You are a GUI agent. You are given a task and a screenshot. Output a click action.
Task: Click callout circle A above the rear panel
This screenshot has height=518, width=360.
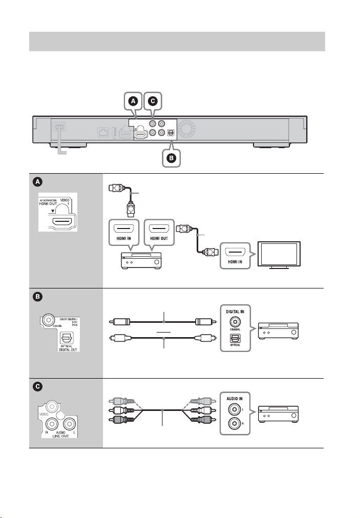[133, 102]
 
